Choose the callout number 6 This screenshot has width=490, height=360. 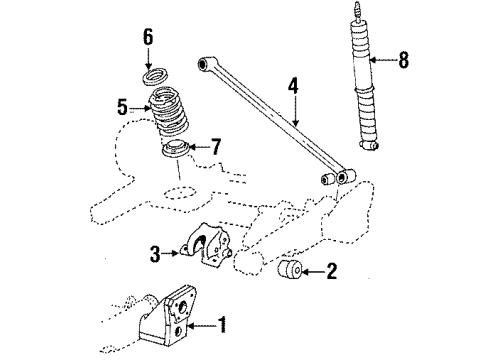point(148,37)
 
